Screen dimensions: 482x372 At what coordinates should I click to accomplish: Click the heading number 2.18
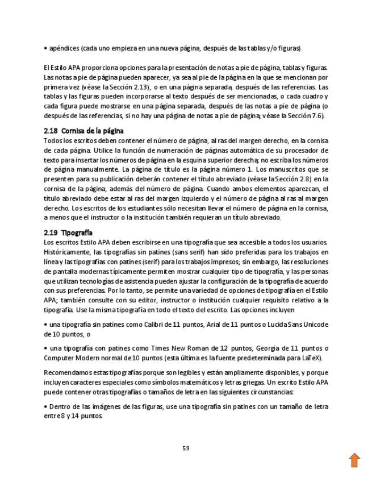click(x=51, y=131)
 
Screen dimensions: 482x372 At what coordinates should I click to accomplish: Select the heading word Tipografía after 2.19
click(x=77, y=233)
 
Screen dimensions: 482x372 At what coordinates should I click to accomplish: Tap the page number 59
click(x=186, y=448)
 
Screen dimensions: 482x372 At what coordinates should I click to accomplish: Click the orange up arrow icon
click(x=354, y=460)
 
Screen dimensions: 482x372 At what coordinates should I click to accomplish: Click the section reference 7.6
click(x=316, y=115)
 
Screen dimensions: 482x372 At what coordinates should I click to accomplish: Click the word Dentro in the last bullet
click(x=60, y=406)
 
